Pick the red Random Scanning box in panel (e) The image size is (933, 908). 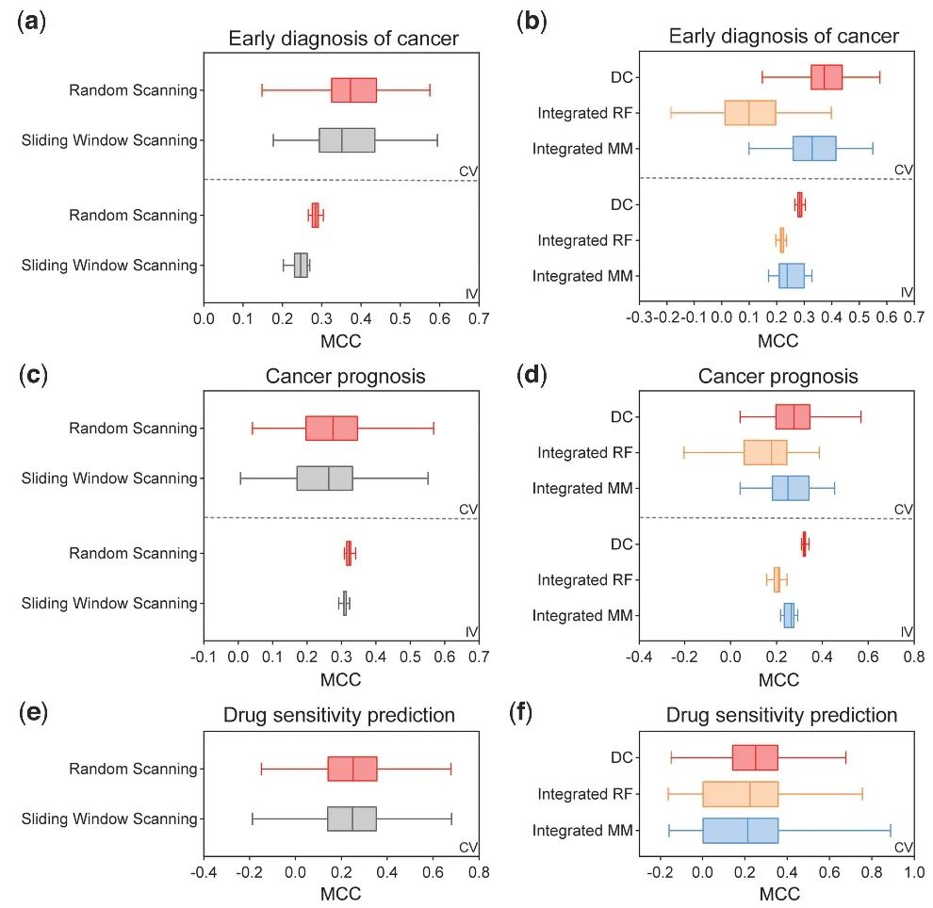(352, 769)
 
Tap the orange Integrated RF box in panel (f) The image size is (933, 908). (741, 794)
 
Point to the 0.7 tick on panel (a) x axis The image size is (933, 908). (479, 319)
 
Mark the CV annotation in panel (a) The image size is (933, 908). (468, 171)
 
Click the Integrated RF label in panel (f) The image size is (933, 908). (584, 794)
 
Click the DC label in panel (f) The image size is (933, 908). (621, 757)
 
